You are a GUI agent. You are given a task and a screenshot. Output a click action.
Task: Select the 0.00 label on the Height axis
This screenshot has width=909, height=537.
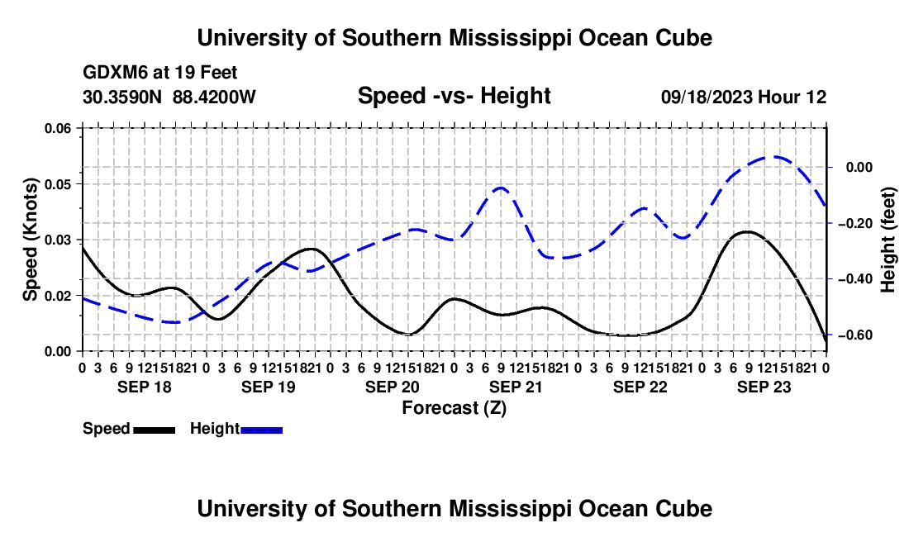pos(859,168)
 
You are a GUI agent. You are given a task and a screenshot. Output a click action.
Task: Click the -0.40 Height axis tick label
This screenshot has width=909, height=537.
pos(854,279)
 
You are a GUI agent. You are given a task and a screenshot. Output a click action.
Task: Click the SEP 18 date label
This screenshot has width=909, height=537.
pos(145,387)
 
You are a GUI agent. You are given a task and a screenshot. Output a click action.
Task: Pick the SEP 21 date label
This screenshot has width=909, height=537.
pos(516,387)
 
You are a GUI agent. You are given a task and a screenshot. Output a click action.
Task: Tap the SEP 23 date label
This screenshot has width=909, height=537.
pos(764,387)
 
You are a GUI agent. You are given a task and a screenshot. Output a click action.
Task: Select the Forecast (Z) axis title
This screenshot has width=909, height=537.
pos(454,408)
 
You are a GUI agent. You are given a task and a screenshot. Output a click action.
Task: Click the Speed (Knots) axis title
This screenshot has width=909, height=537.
pos(30,240)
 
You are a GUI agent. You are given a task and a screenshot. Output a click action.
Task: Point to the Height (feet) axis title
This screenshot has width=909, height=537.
pos(888,240)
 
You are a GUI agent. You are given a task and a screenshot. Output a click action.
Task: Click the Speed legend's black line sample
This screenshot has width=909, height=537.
pos(155,430)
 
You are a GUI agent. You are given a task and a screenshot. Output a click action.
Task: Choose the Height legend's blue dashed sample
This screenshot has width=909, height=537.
pos(261,430)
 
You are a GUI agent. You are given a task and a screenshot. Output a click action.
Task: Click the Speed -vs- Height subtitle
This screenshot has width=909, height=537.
pos(454,96)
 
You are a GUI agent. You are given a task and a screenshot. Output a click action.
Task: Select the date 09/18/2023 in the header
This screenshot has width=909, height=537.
pos(707,97)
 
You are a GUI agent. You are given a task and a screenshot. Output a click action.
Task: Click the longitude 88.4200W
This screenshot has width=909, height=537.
pos(214,97)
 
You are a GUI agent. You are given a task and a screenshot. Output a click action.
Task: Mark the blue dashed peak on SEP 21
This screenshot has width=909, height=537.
pos(501,188)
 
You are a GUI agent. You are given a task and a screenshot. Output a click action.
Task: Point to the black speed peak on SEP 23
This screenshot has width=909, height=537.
pos(748,231)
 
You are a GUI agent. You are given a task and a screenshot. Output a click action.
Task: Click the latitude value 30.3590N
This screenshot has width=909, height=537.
pos(122,97)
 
